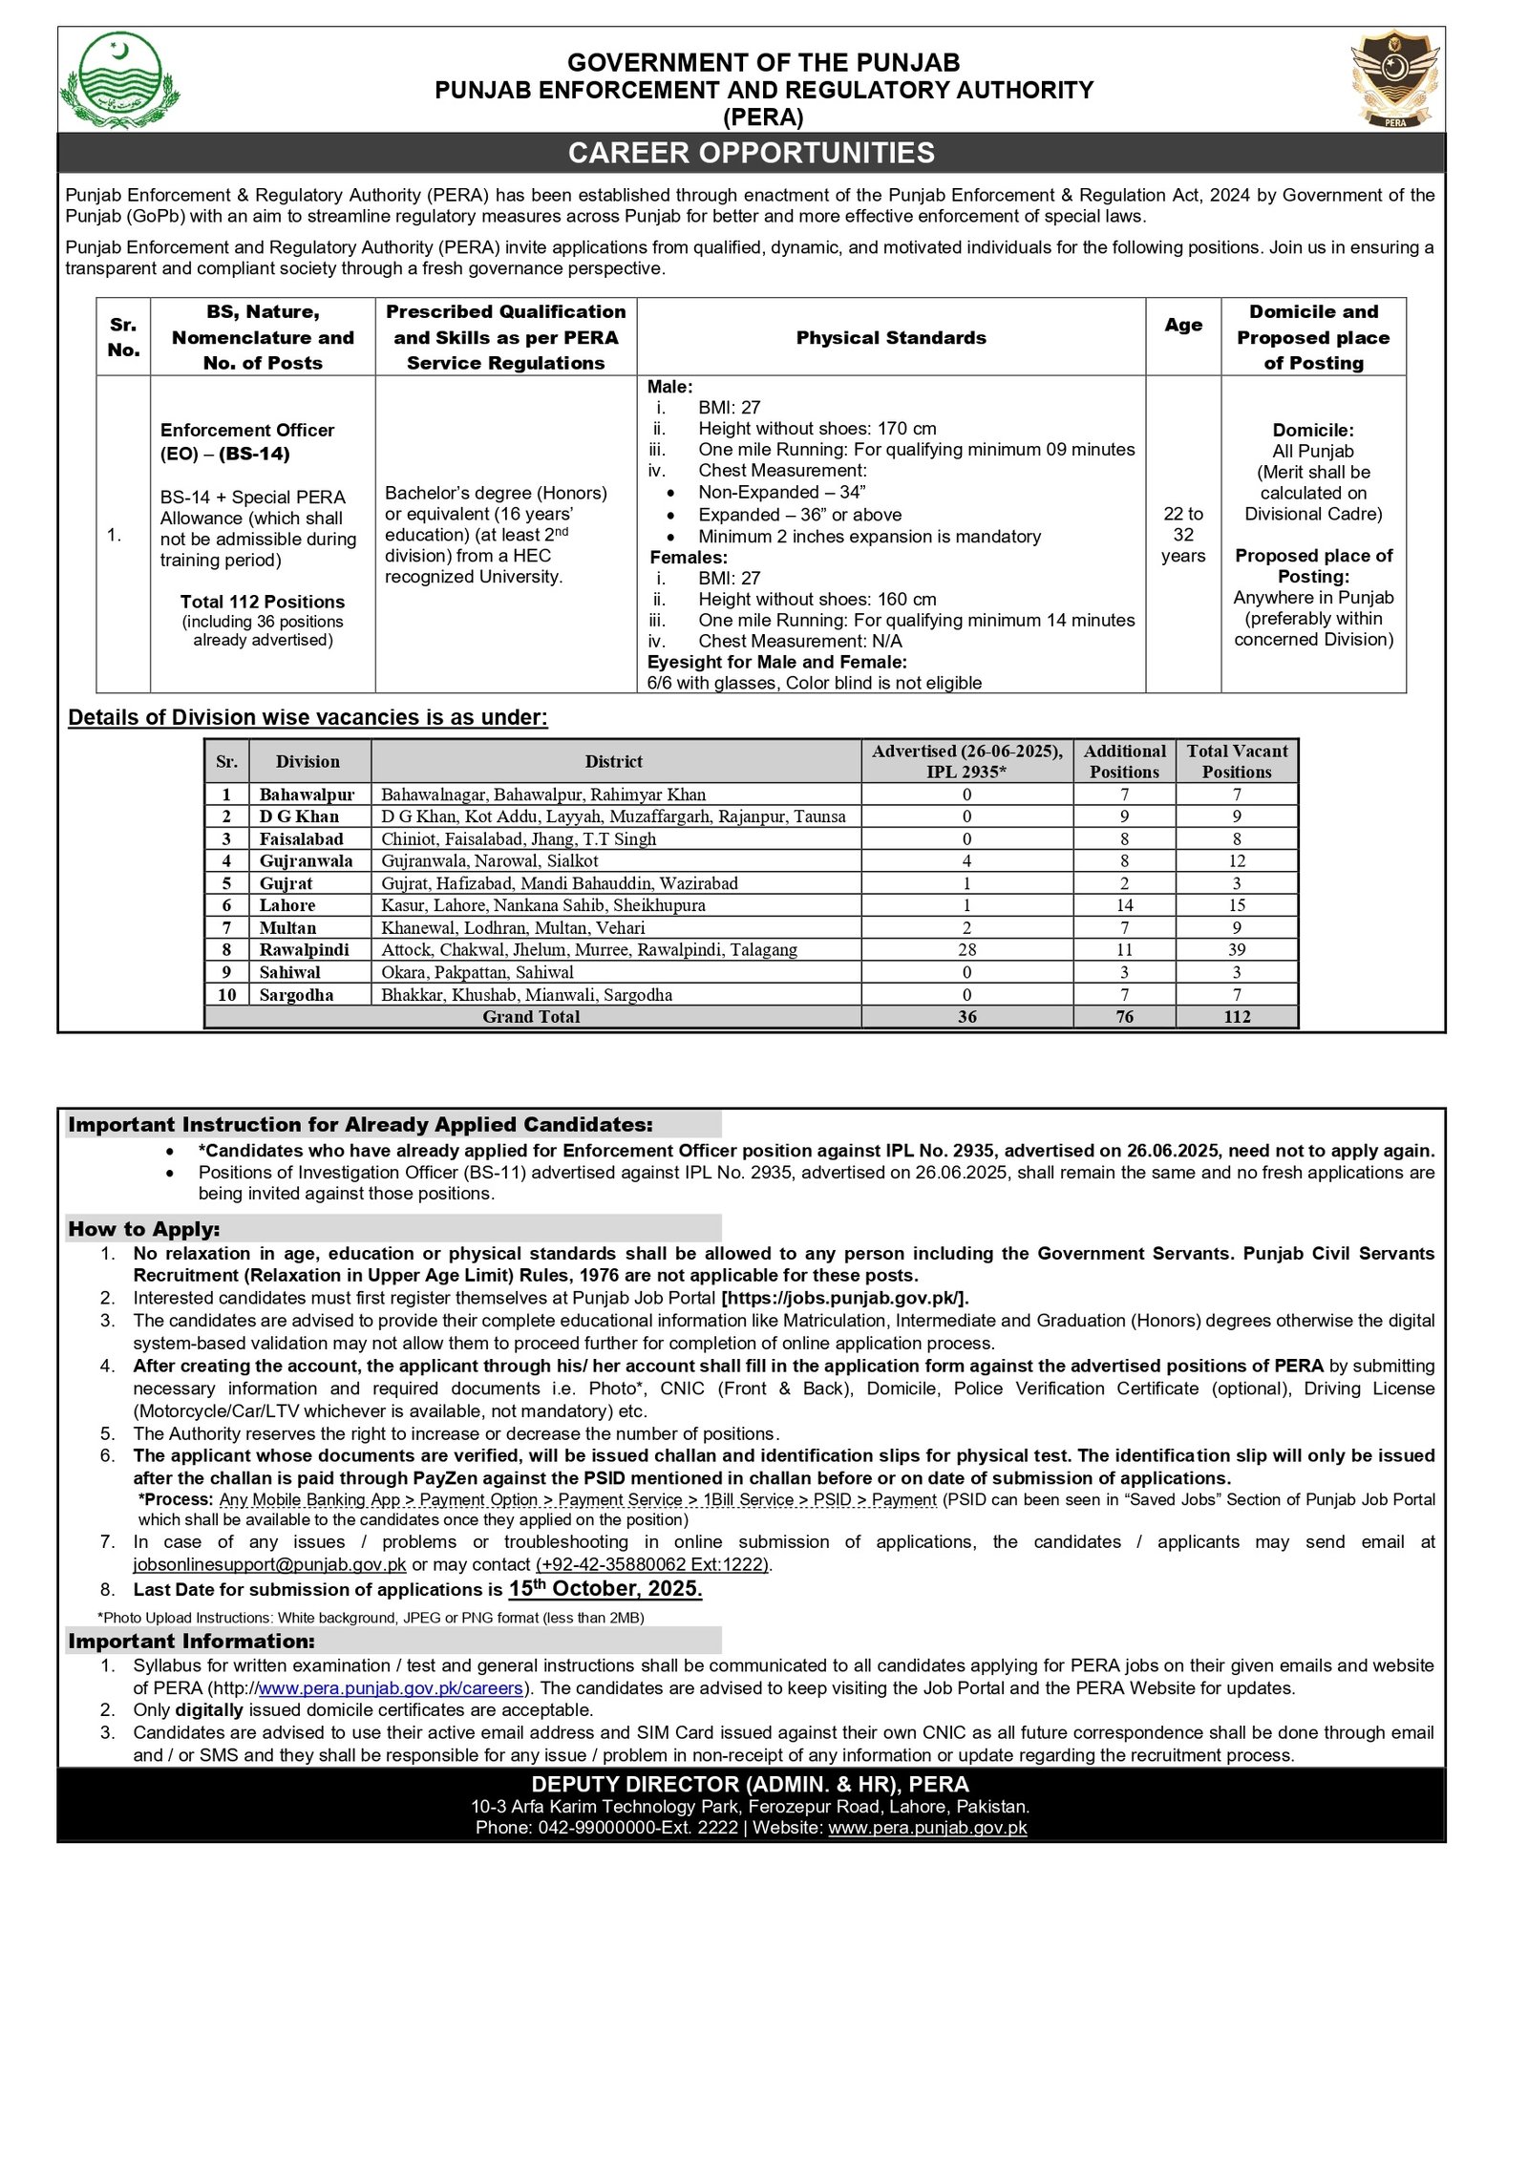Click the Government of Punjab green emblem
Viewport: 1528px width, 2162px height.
(x=119, y=80)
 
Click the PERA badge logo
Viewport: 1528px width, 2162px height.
(x=1395, y=79)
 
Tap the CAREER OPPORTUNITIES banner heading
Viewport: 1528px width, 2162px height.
(x=751, y=153)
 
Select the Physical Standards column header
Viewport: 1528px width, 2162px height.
(x=890, y=337)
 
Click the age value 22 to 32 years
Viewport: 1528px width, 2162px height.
(x=1182, y=535)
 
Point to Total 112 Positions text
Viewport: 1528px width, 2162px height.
(x=263, y=602)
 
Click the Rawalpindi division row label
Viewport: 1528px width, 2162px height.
(x=304, y=949)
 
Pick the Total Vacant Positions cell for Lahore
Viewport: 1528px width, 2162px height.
(x=1236, y=904)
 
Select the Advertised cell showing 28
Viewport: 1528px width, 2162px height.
(x=966, y=949)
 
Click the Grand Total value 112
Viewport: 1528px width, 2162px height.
(x=1236, y=1016)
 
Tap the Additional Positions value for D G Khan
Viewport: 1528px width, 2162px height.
(x=1124, y=816)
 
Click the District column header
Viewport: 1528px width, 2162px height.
(x=613, y=761)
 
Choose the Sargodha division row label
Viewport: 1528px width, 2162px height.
(x=296, y=994)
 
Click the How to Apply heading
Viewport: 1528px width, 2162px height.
(x=144, y=1229)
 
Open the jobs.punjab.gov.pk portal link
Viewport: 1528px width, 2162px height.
(x=845, y=1298)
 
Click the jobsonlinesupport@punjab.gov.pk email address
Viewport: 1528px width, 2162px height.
(x=269, y=1564)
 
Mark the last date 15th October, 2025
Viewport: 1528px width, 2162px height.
(x=605, y=1588)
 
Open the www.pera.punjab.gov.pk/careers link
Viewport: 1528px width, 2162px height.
(x=391, y=1687)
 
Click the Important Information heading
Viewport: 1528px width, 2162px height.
(x=191, y=1641)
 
